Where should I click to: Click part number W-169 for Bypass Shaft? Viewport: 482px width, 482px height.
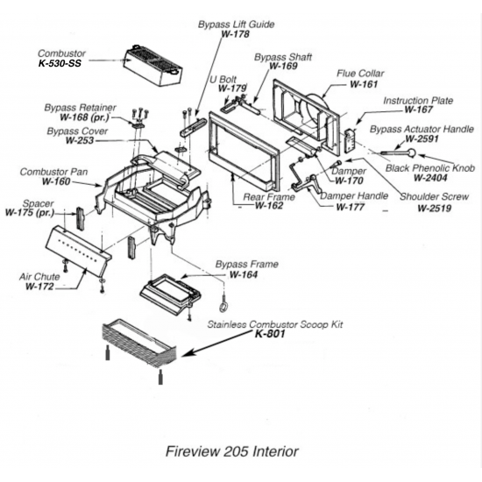[283, 67]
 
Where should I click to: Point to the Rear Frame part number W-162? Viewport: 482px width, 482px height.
[270, 206]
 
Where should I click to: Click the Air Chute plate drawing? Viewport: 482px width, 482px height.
[79, 244]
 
